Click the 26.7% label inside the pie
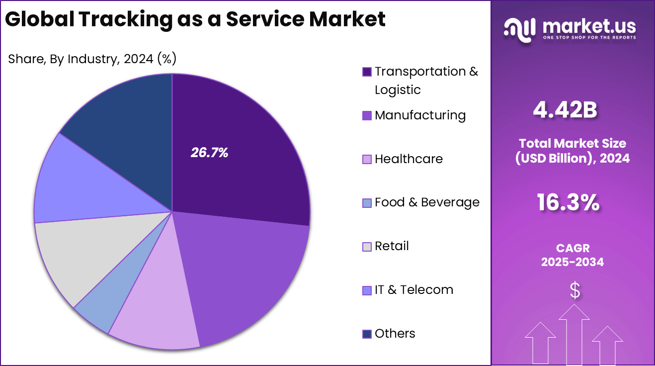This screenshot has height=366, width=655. (x=209, y=153)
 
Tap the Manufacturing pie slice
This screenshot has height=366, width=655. (x=244, y=278)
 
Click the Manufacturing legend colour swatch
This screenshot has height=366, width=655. (x=367, y=115)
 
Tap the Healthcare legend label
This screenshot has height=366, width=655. (x=409, y=159)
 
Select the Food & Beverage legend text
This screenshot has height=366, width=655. (x=427, y=202)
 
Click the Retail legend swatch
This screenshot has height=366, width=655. (x=367, y=247)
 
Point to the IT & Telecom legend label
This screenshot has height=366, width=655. (x=413, y=289)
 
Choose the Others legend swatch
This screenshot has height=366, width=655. (x=367, y=334)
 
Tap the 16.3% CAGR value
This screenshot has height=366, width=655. (x=568, y=203)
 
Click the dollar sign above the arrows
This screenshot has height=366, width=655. (x=574, y=290)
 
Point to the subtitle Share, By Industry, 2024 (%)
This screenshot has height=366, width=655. (x=92, y=59)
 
